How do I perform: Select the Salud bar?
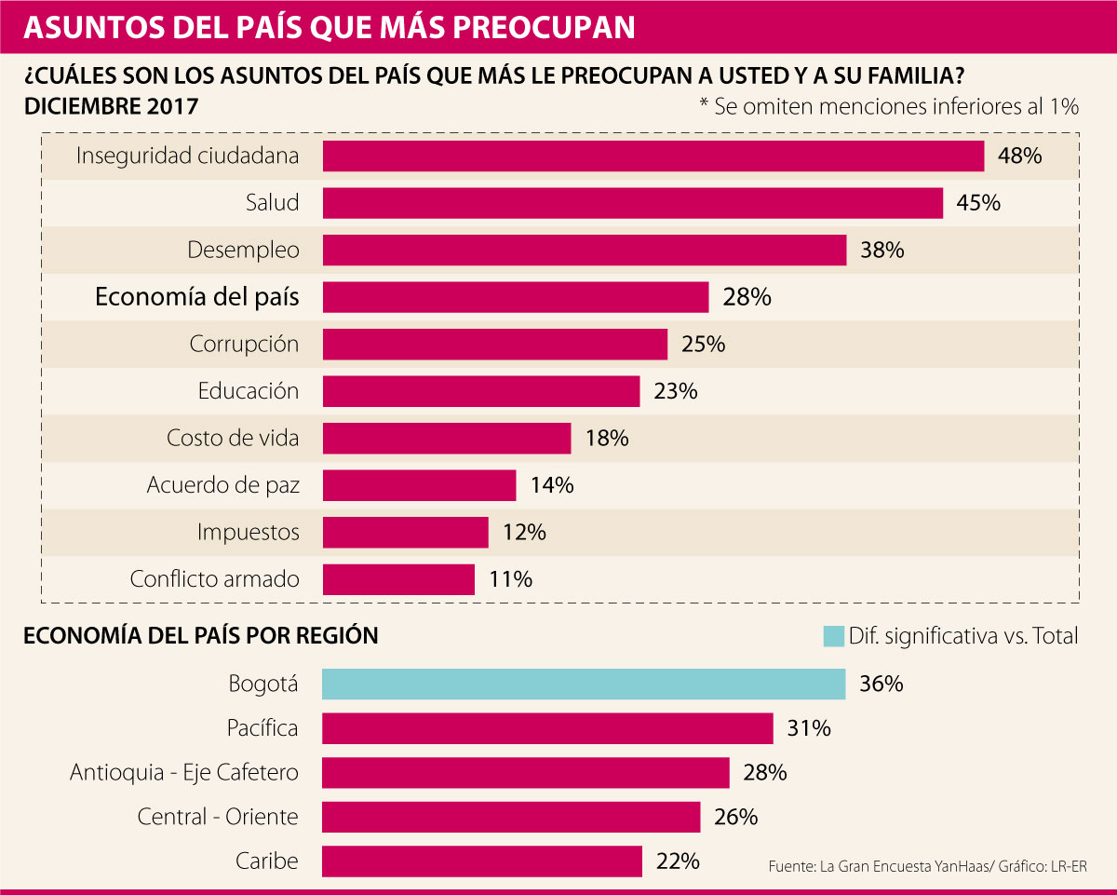point(633,203)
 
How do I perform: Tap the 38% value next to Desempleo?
point(882,250)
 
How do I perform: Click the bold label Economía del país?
point(197,297)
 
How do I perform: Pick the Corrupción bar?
point(495,344)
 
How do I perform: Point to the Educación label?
point(249,391)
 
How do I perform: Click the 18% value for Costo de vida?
point(607,438)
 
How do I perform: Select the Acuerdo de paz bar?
point(419,485)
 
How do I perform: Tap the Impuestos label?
point(249,533)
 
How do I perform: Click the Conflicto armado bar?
point(398,579)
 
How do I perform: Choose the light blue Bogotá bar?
point(584,684)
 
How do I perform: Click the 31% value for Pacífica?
point(809,728)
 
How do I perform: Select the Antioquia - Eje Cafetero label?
point(184,773)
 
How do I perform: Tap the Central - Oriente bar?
point(511,817)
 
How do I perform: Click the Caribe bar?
point(482,861)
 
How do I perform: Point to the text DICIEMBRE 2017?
point(111,105)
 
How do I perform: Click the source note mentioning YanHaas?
point(927,866)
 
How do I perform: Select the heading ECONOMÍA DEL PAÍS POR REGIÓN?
point(201,636)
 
